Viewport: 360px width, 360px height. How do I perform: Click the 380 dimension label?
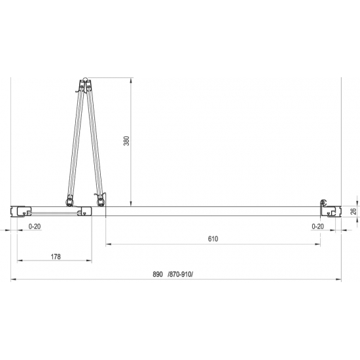tap(126, 141)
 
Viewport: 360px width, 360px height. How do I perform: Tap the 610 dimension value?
tap(213, 239)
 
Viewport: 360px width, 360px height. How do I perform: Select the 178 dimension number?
tap(56, 257)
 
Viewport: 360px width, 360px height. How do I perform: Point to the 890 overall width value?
tap(158, 274)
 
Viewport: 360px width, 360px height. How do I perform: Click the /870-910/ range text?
tap(181, 274)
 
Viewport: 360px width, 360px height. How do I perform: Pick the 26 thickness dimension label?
tap(354, 211)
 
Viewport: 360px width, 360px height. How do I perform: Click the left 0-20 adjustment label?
tap(35, 226)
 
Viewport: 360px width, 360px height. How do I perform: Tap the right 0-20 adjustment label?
tap(317, 226)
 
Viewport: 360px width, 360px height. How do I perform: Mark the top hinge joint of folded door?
tap(85, 80)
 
